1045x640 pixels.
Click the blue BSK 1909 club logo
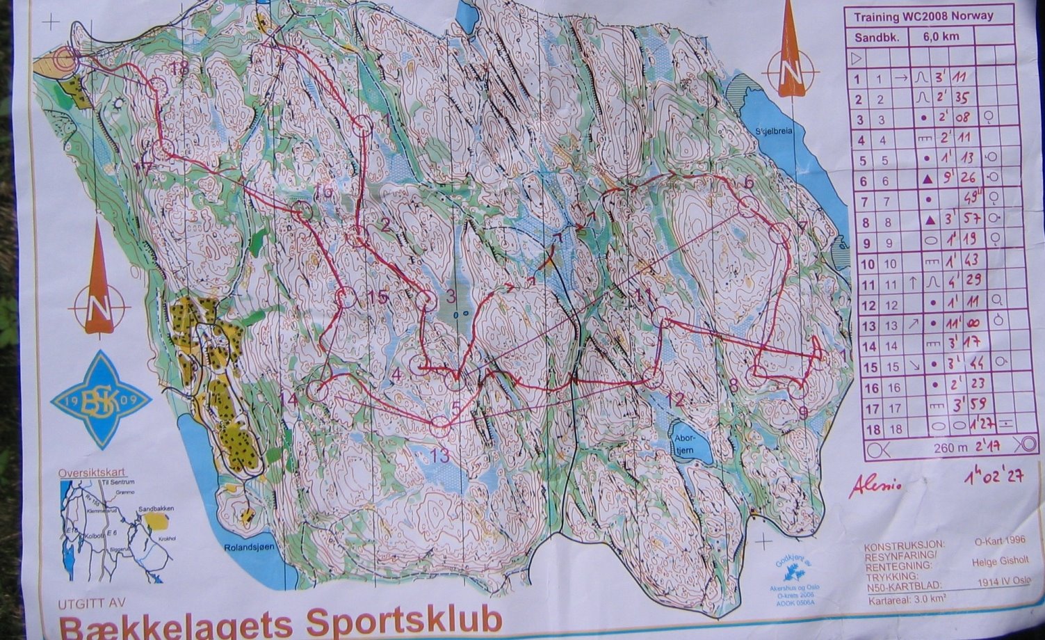click(99, 400)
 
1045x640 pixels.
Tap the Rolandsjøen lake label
click(245, 547)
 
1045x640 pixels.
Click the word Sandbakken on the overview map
click(156, 509)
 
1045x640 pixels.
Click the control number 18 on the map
click(179, 67)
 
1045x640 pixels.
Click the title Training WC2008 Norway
click(923, 17)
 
